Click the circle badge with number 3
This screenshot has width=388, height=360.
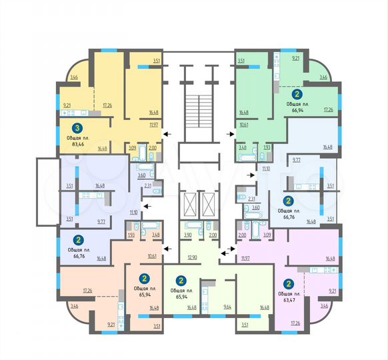[77, 128]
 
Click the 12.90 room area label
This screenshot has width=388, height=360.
[193, 257]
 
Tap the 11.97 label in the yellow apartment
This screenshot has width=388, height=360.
[153, 124]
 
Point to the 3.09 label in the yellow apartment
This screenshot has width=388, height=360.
[133, 148]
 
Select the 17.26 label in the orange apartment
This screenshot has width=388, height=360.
[87, 290]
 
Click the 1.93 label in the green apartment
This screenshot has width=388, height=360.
[267, 147]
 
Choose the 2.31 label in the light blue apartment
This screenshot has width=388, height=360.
[251, 199]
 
